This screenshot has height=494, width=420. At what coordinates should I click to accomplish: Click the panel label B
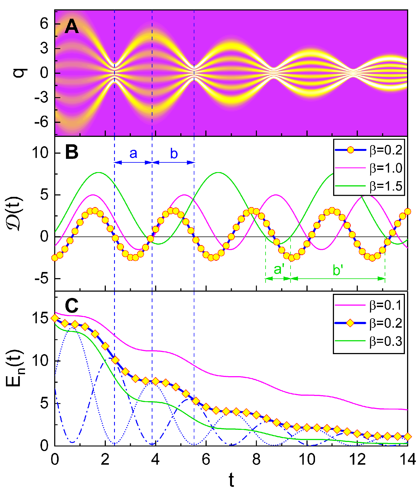(72, 152)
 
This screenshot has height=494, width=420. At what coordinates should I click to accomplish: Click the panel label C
(72, 306)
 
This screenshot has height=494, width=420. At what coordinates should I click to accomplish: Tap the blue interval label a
(133, 154)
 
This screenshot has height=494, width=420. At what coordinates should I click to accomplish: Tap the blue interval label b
(174, 154)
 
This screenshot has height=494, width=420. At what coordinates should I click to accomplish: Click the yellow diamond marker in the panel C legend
(350, 323)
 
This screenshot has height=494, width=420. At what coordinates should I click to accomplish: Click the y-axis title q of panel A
(20, 73)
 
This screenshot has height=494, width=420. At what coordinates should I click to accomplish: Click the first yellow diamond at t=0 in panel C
(55, 318)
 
